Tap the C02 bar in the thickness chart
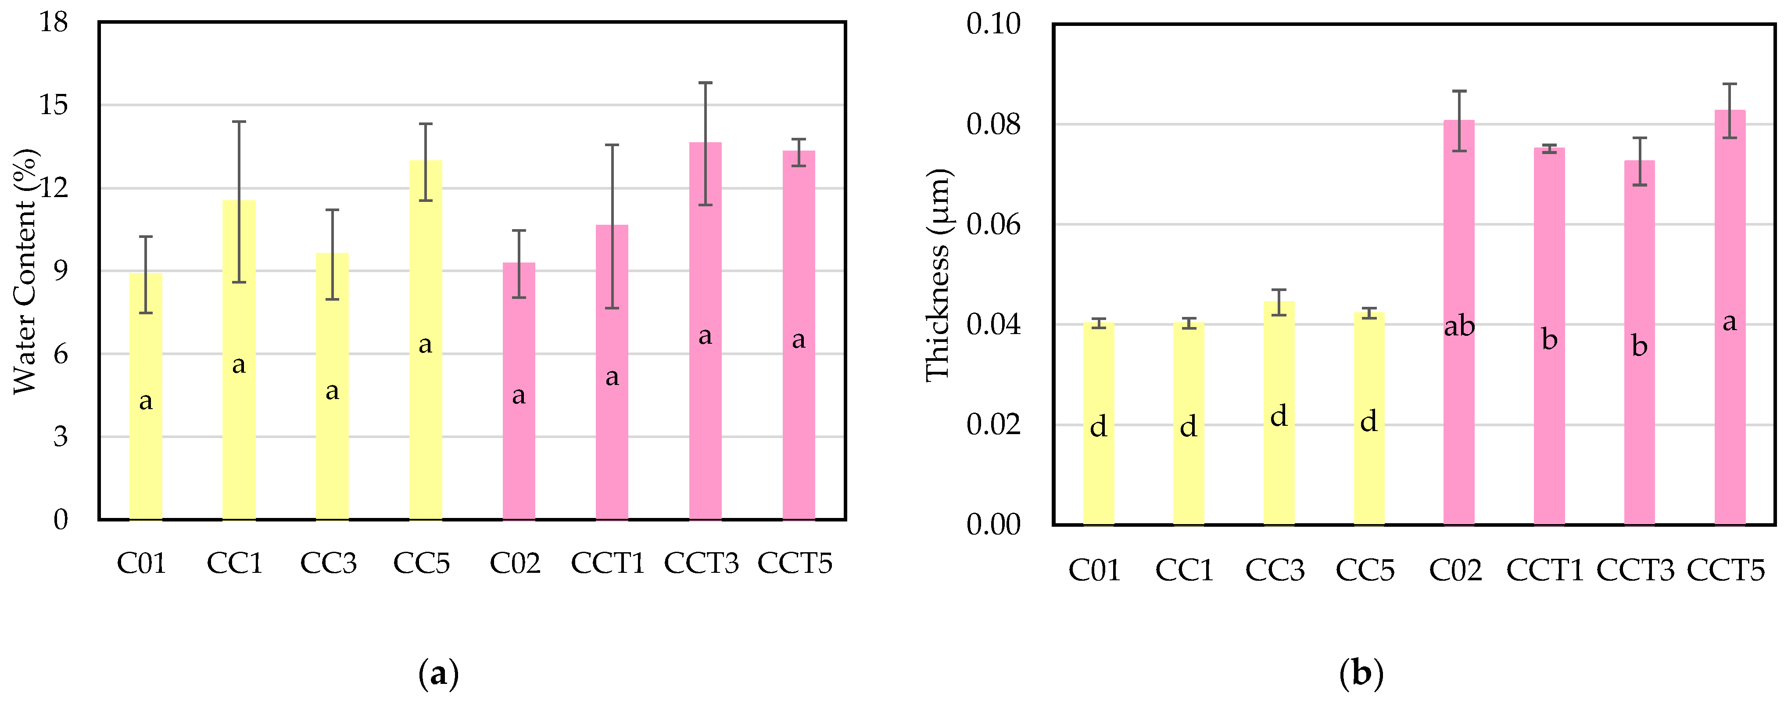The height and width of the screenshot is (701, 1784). pyautogui.click(x=1458, y=416)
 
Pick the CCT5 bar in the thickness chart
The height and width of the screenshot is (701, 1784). pyautogui.click(x=1729, y=416)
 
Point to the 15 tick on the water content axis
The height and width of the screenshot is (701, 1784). pyautogui.click(x=54, y=105)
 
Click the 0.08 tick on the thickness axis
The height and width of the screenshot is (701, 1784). pyautogui.click(x=993, y=125)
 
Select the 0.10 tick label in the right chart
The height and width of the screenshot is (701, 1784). pyautogui.click(x=993, y=24)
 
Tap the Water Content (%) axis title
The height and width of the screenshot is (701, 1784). pyautogui.click(x=25, y=272)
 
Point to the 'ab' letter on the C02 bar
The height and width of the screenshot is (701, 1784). pyautogui.click(x=1458, y=326)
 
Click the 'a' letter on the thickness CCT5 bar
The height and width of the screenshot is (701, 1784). pyautogui.click(x=1729, y=322)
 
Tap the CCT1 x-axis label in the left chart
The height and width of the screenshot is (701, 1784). pyautogui.click(x=607, y=563)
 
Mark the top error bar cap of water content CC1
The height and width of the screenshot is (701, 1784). pyautogui.click(x=239, y=122)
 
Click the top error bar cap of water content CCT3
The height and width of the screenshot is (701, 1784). pyautogui.click(x=705, y=83)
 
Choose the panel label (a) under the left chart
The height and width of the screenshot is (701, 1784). pyautogui.click(x=438, y=673)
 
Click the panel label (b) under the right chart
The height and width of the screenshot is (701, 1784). pyautogui.click(x=1361, y=673)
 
